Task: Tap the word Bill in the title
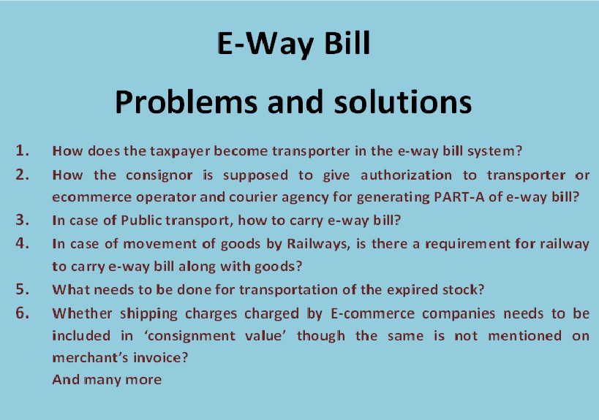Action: pos(347,42)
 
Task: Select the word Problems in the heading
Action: pos(186,103)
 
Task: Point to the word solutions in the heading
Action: pos(403,102)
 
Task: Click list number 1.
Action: pos(23,150)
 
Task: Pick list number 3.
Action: pos(23,220)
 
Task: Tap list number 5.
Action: pos(23,289)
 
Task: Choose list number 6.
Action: pos(23,313)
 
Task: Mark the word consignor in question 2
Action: pos(159,175)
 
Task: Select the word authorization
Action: pos(406,175)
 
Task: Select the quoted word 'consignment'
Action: pos(190,337)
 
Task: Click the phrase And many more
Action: pos(107,381)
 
